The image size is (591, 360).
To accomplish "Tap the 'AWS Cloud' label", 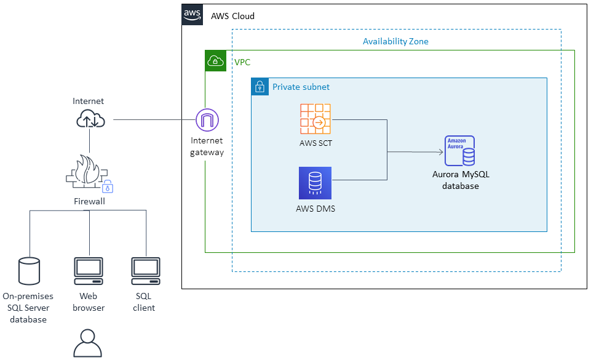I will point(232,16).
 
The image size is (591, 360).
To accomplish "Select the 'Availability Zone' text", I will point(395,41).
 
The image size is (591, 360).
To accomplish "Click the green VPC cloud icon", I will point(215,61).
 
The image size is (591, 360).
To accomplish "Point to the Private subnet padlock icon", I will point(260,87).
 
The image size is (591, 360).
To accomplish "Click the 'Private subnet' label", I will point(301,87).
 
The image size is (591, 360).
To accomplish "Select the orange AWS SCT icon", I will point(315,119).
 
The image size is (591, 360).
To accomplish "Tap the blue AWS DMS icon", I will point(315,183).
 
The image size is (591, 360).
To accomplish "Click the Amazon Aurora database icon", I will point(459,151).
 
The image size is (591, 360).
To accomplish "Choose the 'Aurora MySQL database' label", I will point(461,180).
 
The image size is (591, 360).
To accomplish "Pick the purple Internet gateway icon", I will point(207,119).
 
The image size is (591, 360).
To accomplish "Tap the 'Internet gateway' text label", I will point(207,146).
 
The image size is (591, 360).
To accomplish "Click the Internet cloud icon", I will point(90,119).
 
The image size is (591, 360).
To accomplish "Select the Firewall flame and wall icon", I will point(87,171).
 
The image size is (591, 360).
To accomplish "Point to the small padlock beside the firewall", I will point(108,186).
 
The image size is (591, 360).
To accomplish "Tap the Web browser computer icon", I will point(89,271).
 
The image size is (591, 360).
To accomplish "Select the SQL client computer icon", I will point(146,271).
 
